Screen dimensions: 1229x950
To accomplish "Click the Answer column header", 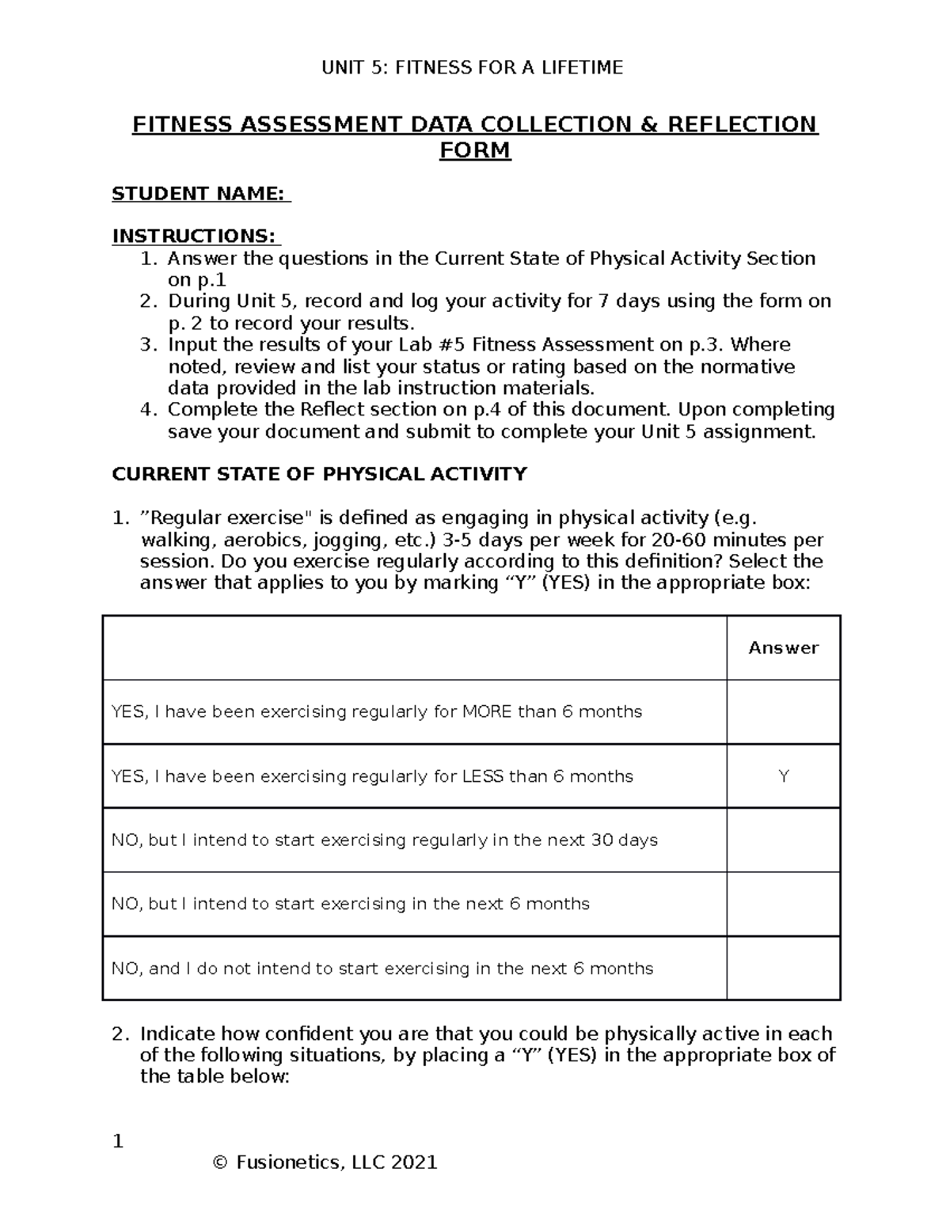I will click(783, 647).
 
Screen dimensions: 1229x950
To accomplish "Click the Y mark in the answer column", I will click(783, 776).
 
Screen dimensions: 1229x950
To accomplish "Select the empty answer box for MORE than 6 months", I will click(783, 711).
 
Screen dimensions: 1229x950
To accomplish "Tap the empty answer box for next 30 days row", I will click(783, 840).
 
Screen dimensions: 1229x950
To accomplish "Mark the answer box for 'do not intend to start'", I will click(783, 968).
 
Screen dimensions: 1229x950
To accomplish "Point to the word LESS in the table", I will click(481, 776).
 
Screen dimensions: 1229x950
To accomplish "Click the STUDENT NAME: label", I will click(200, 194).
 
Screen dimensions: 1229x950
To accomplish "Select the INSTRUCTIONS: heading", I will click(195, 236).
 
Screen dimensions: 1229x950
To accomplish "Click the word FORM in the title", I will click(475, 150).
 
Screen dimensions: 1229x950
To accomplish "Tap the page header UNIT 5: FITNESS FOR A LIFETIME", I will click(472, 68).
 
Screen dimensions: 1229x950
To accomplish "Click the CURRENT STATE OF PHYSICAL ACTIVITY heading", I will click(319, 474).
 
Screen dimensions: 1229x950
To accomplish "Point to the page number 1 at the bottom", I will click(118, 1141).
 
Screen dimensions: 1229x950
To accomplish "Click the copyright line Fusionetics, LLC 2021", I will click(325, 1162).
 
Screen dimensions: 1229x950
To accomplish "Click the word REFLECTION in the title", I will click(742, 125).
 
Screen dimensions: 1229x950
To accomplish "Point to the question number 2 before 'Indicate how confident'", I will click(118, 1034).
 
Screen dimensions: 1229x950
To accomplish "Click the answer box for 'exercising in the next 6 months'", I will click(783, 904).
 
